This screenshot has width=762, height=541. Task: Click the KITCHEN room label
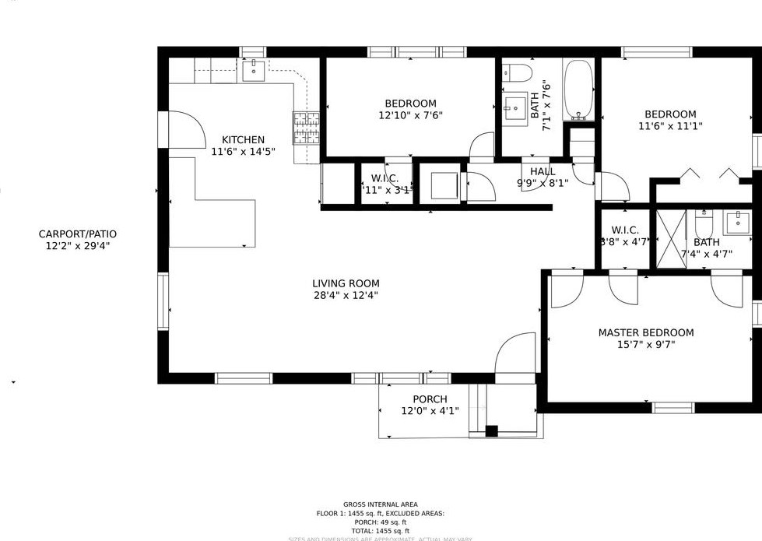click(243, 140)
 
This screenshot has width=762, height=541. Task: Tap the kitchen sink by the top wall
click(253, 71)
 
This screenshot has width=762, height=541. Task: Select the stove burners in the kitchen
click(306, 128)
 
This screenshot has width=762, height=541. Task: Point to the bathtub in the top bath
click(578, 90)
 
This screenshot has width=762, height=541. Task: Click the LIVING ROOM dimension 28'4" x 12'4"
click(346, 295)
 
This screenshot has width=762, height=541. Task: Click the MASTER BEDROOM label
click(645, 332)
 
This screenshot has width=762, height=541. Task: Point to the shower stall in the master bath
click(671, 239)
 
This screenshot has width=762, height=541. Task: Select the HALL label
click(543, 171)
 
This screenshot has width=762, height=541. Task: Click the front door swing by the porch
click(515, 353)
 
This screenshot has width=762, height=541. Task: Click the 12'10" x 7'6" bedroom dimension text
click(410, 115)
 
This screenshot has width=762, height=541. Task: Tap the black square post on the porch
click(491, 430)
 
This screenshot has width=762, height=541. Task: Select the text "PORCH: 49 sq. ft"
click(381, 522)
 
